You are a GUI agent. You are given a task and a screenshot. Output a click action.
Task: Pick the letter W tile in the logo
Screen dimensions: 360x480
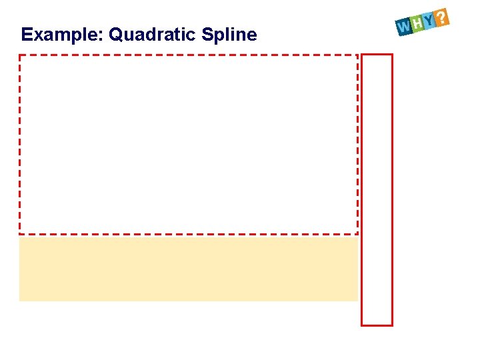tap(403, 27)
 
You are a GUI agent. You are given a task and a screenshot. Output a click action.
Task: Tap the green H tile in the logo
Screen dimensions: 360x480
tap(417, 24)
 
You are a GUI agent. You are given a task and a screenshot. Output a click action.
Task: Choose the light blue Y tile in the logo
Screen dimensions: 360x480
tap(429, 21)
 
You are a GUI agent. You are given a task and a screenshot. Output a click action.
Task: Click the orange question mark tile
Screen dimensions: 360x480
tap(442, 17)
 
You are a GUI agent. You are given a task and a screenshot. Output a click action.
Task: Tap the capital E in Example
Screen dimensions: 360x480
tap(26, 35)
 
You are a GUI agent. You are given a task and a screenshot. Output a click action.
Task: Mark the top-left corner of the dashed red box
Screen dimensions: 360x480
tap(19, 55)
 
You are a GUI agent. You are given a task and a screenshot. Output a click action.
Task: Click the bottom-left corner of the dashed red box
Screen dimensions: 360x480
tap(19, 233)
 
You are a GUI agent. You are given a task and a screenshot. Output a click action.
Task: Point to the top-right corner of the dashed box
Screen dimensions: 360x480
tap(357, 55)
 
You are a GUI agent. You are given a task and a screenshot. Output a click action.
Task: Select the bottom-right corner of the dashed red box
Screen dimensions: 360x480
tap(357, 233)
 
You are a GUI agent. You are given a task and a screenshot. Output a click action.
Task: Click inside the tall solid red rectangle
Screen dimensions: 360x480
tap(377, 190)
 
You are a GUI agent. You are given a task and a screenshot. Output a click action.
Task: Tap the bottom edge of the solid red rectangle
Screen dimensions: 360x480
tap(377, 325)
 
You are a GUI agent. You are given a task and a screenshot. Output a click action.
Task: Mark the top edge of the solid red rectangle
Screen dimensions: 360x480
tap(377, 55)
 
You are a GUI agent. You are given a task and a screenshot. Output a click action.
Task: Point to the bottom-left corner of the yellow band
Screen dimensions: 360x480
tap(20, 300)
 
